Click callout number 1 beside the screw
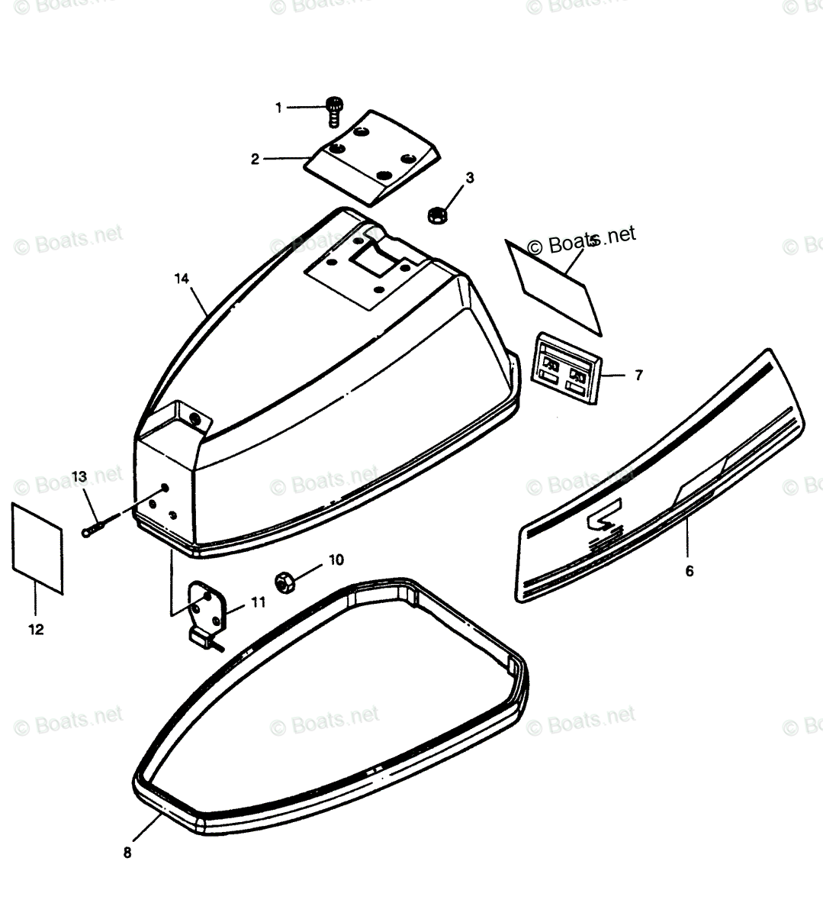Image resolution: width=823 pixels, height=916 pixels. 278,108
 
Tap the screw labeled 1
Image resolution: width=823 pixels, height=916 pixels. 333,111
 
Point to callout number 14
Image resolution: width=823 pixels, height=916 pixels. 181,279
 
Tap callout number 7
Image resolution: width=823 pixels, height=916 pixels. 638,375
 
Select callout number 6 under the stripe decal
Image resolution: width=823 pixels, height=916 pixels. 690,570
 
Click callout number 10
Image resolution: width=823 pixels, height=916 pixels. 336,560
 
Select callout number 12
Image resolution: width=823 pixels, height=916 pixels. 36,630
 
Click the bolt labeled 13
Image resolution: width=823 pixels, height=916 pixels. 97,527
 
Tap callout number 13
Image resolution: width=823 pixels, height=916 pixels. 79,476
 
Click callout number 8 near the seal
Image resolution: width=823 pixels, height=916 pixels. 127,853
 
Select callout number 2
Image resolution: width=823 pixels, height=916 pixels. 255,159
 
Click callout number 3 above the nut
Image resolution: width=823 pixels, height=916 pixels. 470,178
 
